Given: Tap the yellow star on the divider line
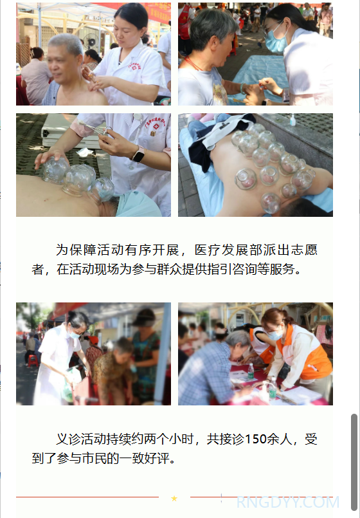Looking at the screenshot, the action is click(174, 499).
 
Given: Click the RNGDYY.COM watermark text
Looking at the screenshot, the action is click(288, 502).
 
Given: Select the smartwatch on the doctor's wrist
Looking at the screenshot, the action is click(139, 154).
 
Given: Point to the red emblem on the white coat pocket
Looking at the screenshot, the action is click(156, 126).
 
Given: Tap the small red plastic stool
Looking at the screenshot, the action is click(33, 360).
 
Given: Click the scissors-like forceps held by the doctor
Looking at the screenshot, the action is click(95, 129).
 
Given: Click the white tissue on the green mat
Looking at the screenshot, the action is click(84, 153).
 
